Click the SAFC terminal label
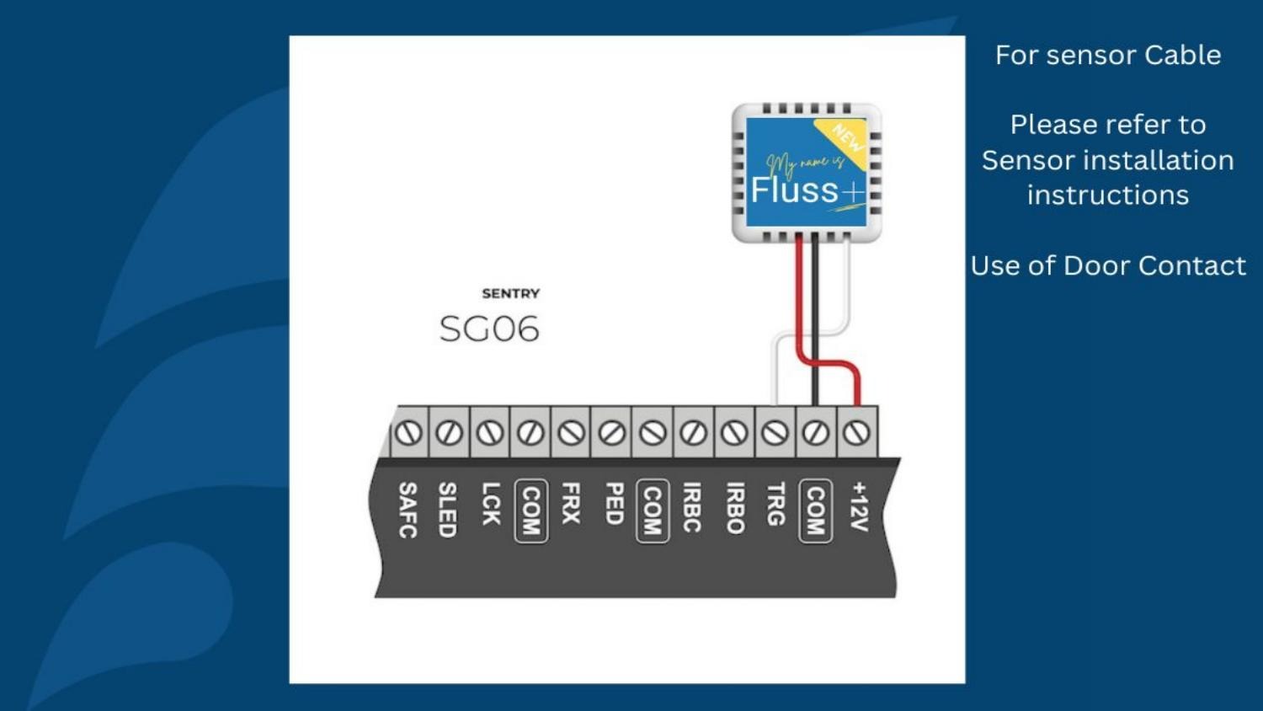click(x=408, y=510)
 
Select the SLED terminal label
click(x=448, y=510)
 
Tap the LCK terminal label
click(x=490, y=504)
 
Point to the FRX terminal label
click(x=571, y=504)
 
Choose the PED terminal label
click(x=613, y=504)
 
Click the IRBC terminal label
click(x=692, y=508)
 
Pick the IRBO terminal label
click(x=734, y=508)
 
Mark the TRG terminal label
click(x=775, y=504)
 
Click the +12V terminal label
click(x=858, y=506)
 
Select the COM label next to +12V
click(x=815, y=511)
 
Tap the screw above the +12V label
click(x=857, y=433)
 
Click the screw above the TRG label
click(x=775, y=433)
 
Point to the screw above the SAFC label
click(x=408, y=433)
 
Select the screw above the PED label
click(x=612, y=433)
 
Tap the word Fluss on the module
click(x=794, y=190)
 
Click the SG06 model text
click(x=489, y=329)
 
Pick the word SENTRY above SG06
click(x=510, y=293)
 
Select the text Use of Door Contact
click(x=1107, y=265)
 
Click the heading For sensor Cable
click(x=1107, y=55)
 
